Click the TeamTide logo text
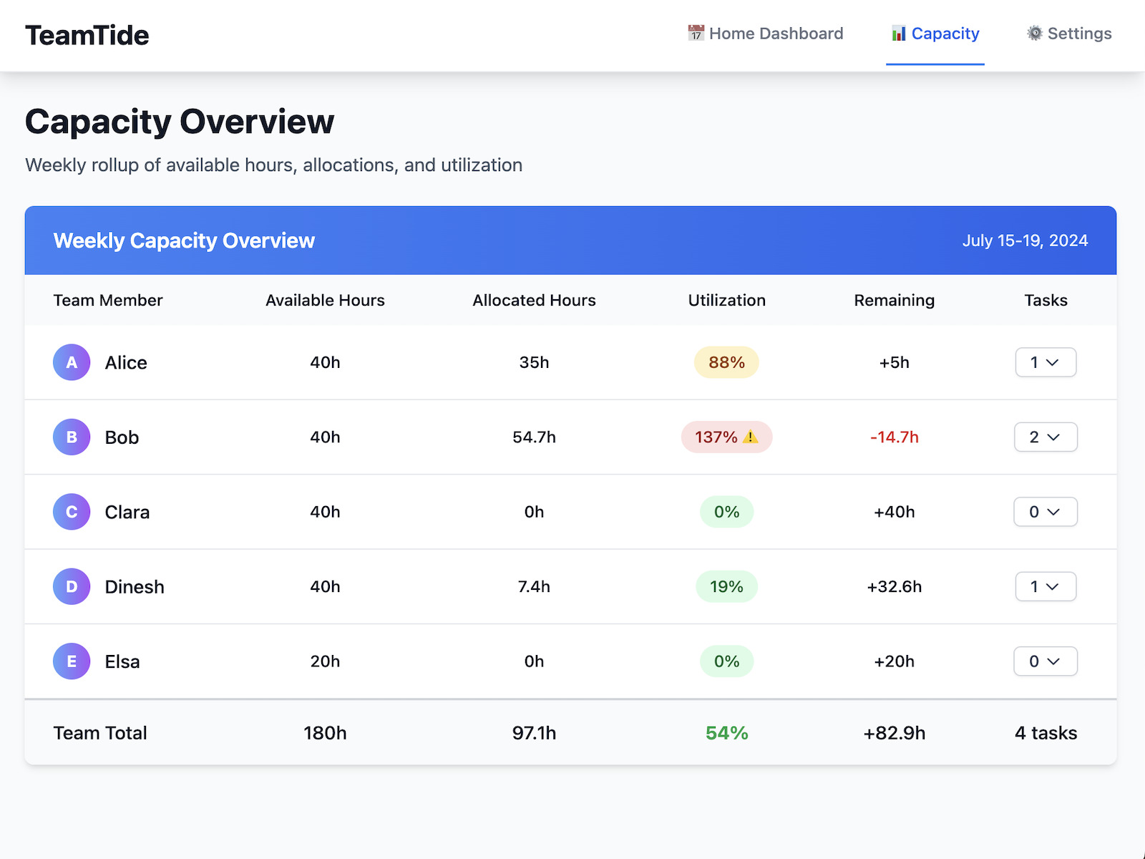[x=87, y=35]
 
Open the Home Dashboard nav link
[x=765, y=34]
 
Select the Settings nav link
[x=1069, y=34]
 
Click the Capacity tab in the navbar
[x=935, y=34]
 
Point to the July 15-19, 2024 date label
[x=1024, y=241]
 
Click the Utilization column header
[x=726, y=300]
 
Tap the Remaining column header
[x=894, y=300]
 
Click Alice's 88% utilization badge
[x=726, y=362]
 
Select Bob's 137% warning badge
[x=726, y=437]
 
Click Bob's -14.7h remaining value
[x=894, y=437]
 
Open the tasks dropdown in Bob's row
[x=1046, y=437]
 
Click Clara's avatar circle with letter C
[x=72, y=512]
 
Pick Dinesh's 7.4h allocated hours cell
[x=534, y=586]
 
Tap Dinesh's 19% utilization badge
[x=726, y=586]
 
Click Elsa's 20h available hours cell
[x=325, y=661]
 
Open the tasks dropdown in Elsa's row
[x=1046, y=661]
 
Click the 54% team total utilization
[x=726, y=733]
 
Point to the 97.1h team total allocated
[x=534, y=733]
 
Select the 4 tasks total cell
[x=1046, y=733]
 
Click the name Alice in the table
[x=126, y=362]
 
